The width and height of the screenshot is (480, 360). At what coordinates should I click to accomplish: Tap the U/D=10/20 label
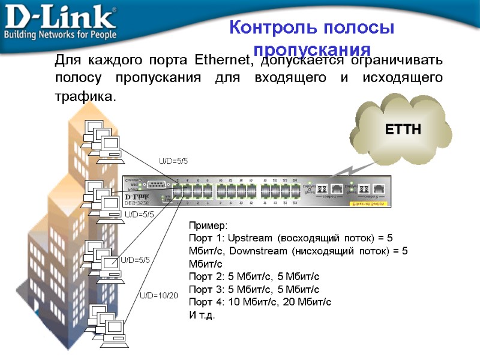point(159,295)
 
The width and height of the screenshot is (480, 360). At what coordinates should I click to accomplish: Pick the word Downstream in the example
point(257,251)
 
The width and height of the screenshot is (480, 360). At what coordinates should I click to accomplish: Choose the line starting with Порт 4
point(260,301)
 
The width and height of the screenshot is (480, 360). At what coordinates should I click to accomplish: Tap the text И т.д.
point(201,314)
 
